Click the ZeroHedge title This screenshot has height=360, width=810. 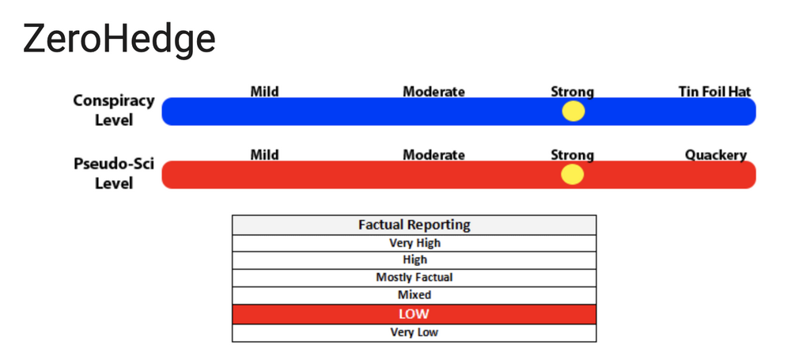point(119,40)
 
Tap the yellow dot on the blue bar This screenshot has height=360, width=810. point(573,111)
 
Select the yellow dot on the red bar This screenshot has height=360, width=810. point(573,175)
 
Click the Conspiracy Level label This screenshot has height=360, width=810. point(114,110)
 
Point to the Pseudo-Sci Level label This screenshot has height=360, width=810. point(114,173)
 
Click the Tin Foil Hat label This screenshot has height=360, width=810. point(714,92)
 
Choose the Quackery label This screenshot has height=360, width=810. point(715,155)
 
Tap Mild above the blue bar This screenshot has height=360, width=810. point(264,92)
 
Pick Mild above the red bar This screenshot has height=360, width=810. point(264,155)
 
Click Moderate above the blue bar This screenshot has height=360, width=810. point(434,92)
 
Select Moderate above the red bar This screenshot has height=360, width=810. point(434,155)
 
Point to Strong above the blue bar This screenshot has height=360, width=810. point(573,92)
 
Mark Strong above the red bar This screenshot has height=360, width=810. point(573,155)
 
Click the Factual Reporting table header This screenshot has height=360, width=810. point(414,225)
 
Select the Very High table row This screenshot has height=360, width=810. point(414,243)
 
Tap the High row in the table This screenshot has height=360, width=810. point(414,260)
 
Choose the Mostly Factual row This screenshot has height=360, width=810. point(414,278)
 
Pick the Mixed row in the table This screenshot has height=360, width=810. point(414,295)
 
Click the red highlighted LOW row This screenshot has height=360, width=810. point(414,314)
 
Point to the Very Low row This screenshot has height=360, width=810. point(414,332)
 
